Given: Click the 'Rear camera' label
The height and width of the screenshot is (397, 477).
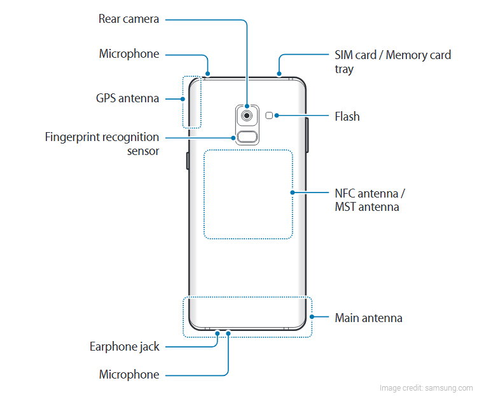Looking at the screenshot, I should click(x=128, y=19).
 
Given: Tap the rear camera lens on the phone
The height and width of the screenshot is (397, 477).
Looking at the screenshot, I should click(x=245, y=116).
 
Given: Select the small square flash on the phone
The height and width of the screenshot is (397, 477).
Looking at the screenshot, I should click(x=271, y=116).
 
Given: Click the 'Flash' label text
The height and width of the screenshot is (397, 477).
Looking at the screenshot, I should click(x=347, y=117).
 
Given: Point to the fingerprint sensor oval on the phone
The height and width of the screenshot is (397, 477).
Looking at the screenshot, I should click(x=245, y=136).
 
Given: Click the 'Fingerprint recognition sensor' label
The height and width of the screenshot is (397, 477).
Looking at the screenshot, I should click(x=102, y=144).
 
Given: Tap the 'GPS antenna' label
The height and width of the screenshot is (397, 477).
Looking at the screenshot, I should click(x=127, y=98).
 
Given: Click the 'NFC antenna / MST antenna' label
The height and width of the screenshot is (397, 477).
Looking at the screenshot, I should click(x=370, y=199).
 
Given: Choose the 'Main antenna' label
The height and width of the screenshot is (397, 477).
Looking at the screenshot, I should click(x=368, y=318).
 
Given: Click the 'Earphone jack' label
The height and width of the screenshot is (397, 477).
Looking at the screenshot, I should click(x=125, y=347).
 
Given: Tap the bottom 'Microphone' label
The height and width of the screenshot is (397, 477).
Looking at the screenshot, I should click(x=128, y=375).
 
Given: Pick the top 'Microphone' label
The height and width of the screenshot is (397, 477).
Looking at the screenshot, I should click(x=128, y=54).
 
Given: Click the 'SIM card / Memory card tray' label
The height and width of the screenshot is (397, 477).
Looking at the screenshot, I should click(x=392, y=62).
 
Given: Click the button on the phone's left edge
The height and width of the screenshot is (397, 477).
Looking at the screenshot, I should click(x=187, y=161).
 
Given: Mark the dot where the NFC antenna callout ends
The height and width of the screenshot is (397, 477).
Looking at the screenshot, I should click(x=293, y=192).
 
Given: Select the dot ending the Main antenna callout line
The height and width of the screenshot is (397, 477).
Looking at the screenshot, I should click(x=312, y=317).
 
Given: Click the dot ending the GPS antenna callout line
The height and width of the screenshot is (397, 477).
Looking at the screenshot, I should click(x=183, y=99).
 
